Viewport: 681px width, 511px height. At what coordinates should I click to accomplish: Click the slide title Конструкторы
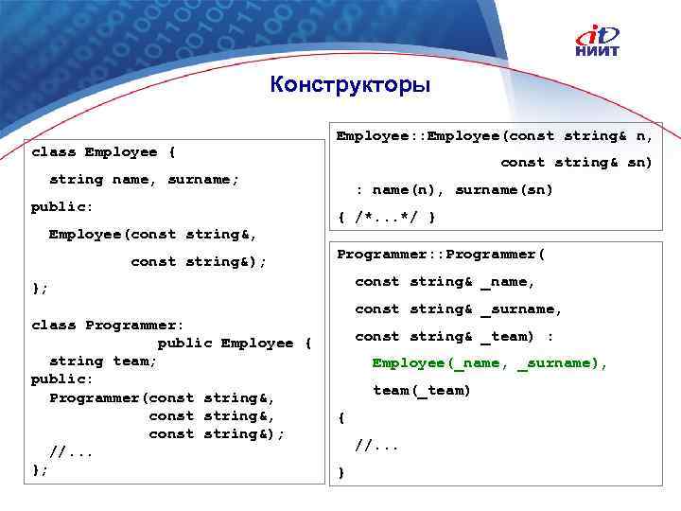pos(349,85)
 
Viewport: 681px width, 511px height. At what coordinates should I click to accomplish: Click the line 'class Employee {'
pos(103,151)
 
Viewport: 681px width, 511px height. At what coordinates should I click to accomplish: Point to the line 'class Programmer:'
pos(108,325)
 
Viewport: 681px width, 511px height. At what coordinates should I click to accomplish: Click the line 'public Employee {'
pos(234,343)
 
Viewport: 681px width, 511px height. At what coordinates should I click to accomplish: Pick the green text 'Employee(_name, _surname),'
pos(489,363)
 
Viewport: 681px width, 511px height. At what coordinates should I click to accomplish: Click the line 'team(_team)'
pos(421,390)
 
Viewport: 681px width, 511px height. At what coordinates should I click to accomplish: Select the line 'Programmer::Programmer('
pos(442,255)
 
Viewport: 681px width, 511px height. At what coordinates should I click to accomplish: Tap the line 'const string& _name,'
pos(445,281)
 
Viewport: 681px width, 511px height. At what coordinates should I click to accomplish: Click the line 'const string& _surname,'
pos(459,308)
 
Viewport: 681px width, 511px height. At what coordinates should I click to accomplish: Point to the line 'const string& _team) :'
pos(454,336)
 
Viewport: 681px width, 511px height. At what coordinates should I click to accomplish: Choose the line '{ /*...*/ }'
pos(387,217)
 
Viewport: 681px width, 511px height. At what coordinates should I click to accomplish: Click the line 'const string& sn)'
pos(576,162)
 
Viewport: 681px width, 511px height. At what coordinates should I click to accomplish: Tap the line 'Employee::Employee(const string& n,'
pos(495,135)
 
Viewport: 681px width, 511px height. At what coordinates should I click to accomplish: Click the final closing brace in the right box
pos(341,472)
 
